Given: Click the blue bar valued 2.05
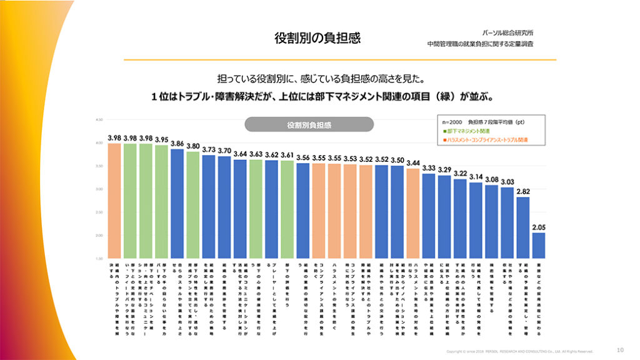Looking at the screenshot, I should click(538, 245).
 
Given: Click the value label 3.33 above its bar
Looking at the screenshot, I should click(428, 168).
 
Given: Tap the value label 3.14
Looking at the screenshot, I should click(476, 177).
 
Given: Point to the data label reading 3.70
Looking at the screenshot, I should click(224, 151).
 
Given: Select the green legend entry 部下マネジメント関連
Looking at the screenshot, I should click(467, 131).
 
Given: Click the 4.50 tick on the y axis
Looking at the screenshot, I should click(98, 119).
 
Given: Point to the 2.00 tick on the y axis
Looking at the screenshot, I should click(98, 235).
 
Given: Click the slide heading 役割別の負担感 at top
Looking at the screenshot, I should click(317, 38).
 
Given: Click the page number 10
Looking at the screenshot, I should click(620, 349).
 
